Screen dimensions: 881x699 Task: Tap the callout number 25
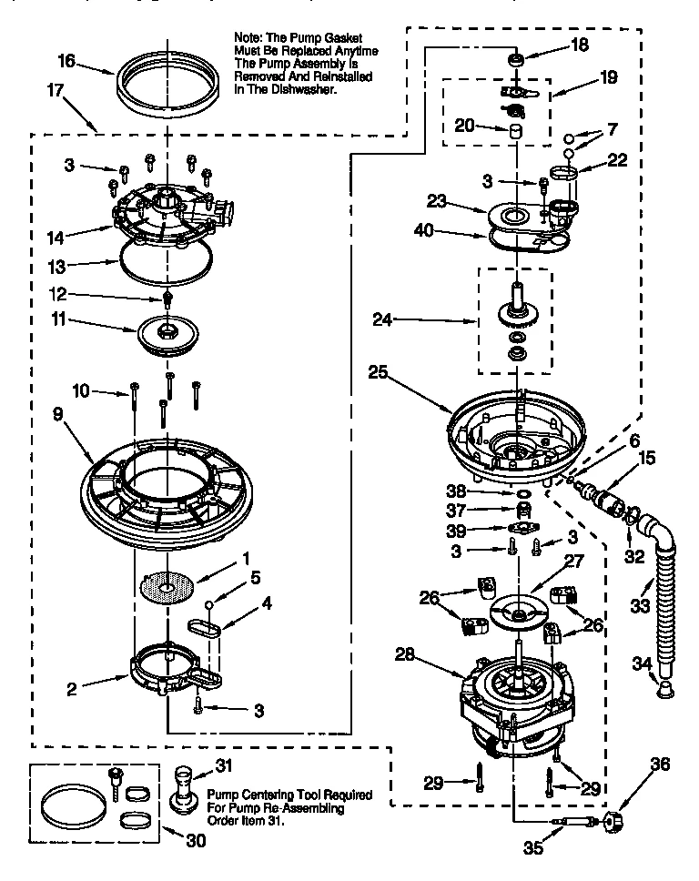tap(379, 371)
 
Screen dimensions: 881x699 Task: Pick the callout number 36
tap(660, 765)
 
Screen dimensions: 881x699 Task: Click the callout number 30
tap(196, 841)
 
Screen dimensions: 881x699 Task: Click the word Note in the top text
tap(249, 37)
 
